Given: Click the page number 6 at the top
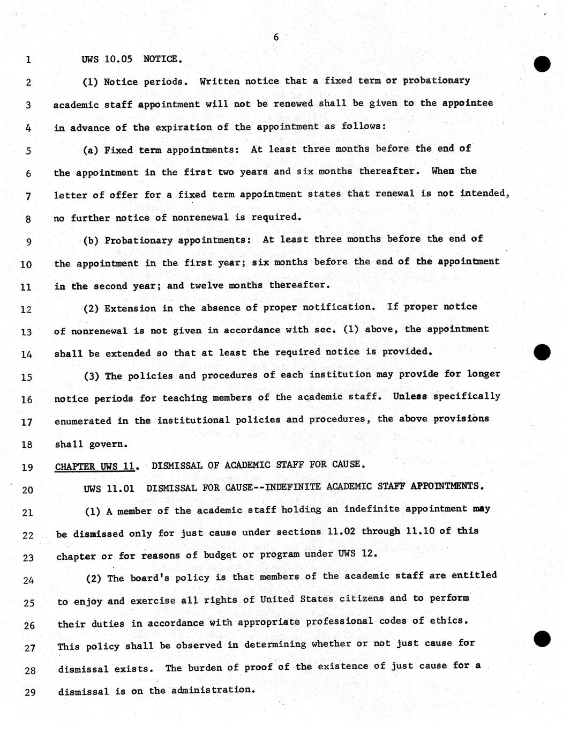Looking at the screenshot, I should (x=276, y=37).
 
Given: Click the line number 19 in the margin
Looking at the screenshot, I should (x=27, y=467).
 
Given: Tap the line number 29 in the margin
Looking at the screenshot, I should (x=29, y=692).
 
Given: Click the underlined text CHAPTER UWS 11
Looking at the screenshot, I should (x=95, y=466).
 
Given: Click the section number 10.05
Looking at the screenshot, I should (x=118, y=59).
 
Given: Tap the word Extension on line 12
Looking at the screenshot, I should (x=130, y=308).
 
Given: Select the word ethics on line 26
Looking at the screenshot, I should (x=448, y=620).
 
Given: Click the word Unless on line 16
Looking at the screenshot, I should (x=410, y=396).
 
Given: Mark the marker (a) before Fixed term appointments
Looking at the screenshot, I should (x=91, y=150).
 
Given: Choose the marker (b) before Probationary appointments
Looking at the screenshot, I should (x=91, y=240).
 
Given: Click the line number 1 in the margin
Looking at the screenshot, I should (x=28, y=60).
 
